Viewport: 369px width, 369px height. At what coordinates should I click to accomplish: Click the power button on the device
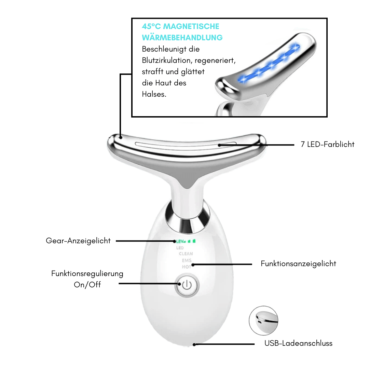pyautogui.click(x=187, y=285)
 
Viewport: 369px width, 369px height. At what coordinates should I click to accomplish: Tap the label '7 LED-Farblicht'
pyautogui.click(x=327, y=144)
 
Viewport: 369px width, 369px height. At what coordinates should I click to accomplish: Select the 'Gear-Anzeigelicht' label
pyautogui.click(x=78, y=241)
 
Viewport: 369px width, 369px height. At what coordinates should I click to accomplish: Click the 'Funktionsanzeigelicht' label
pyautogui.click(x=298, y=263)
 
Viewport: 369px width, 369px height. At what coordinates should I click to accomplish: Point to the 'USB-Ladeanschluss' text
pyautogui.click(x=298, y=343)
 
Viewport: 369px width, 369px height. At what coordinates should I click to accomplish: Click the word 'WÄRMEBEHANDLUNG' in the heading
pyautogui.click(x=182, y=38)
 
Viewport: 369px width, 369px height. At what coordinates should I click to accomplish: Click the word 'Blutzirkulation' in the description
pyautogui.click(x=166, y=60)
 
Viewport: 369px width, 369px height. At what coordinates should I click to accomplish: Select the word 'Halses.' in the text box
pyautogui.click(x=154, y=94)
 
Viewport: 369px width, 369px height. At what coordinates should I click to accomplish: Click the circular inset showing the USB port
pyautogui.click(x=263, y=320)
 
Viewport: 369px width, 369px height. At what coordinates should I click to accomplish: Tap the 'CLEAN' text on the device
pyautogui.click(x=186, y=254)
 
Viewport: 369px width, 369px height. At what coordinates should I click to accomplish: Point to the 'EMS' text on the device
pyautogui.click(x=187, y=261)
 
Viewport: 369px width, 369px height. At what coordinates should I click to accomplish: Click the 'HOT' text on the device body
pyautogui.click(x=187, y=267)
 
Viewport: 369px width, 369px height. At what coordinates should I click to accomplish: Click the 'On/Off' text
pyautogui.click(x=87, y=285)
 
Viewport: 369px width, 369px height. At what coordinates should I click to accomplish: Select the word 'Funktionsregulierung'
pyautogui.click(x=87, y=274)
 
